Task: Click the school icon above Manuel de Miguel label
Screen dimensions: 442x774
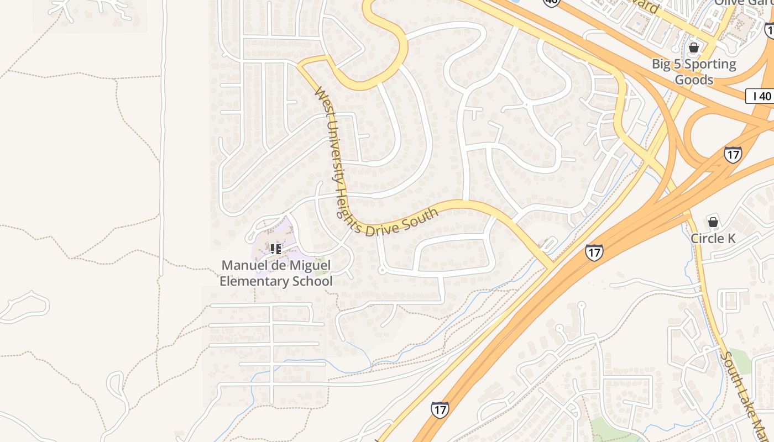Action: coord(276,249)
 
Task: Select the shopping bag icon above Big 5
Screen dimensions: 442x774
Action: coord(694,48)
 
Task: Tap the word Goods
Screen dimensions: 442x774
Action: coord(694,80)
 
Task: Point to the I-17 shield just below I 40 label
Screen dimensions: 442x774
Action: coord(733,154)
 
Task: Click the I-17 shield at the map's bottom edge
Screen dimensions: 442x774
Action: coord(440,409)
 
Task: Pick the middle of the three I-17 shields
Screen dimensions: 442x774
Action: coord(594,253)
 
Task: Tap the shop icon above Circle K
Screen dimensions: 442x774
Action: coord(713,222)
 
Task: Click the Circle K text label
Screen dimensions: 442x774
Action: coord(713,239)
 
